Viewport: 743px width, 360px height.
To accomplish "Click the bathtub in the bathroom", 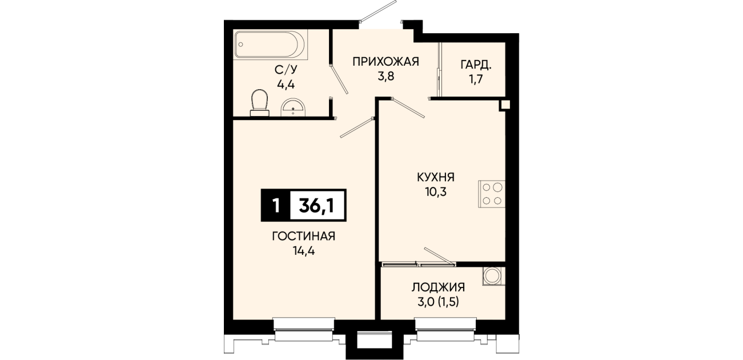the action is click(270, 45).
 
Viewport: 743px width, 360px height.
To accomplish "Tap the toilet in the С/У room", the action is click(259, 103).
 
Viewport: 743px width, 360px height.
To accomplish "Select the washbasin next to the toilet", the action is click(292, 107).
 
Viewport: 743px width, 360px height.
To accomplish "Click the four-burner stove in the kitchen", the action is click(492, 194).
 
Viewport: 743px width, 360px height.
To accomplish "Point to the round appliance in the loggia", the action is click(494, 276).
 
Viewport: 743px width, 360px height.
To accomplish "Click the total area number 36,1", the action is click(316, 205).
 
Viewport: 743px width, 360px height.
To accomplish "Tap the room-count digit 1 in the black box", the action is click(275, 205).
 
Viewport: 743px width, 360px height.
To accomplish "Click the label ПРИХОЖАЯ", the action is click(385, 62).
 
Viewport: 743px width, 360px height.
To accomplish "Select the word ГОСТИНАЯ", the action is click(303, 236).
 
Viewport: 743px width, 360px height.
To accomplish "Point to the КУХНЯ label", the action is click(436, 178).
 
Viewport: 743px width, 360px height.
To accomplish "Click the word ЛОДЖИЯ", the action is click(438, 287).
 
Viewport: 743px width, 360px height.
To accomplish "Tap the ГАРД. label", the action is click(476, 65).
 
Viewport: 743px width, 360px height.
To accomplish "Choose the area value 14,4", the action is click(303, 251).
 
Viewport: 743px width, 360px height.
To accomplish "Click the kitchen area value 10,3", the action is click(436, 192).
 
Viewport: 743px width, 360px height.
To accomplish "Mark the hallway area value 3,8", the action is click(385, 77).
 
